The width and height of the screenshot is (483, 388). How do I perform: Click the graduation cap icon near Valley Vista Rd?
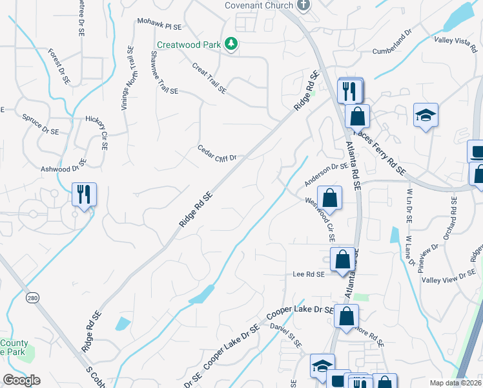426,115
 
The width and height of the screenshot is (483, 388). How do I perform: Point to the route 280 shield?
32,298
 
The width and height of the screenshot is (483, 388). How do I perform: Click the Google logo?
21,380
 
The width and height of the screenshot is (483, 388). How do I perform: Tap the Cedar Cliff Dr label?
218,152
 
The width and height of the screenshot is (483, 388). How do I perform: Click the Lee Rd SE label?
308,275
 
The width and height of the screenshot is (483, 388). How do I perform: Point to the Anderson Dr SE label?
326,170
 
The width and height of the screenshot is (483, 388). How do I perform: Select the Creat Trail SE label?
209,78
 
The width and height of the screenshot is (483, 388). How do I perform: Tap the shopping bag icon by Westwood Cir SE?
329,199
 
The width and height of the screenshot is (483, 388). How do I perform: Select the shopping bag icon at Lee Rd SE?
342,260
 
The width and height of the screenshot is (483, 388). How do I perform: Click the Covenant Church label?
259,5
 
